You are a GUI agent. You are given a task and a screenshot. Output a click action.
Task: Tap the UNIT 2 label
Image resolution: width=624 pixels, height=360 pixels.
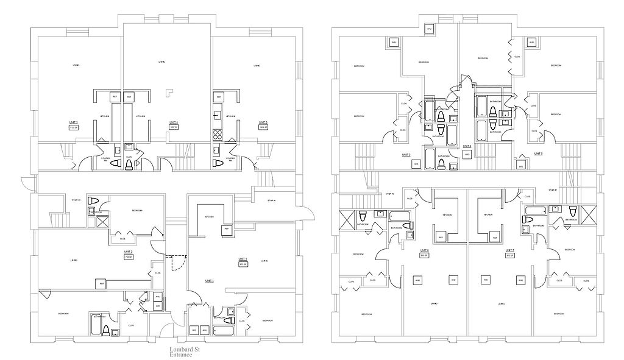(x=128, y=252)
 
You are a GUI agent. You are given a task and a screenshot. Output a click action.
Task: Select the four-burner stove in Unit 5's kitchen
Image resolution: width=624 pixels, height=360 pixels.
(x=216, y=133)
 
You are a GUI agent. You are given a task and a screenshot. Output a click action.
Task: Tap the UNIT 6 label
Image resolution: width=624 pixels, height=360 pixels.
(x=424, y=250)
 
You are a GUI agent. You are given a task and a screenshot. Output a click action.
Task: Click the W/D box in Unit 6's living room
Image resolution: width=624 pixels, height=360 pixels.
(x=453, y=280)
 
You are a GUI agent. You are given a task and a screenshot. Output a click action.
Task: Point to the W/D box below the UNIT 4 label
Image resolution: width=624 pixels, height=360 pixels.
(x=466, y=155)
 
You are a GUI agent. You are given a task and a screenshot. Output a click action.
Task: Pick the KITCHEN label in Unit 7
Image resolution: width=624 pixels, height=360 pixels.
(x=488, y=215)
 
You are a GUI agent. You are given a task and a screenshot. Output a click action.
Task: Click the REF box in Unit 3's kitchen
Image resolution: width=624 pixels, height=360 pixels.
(x=113, y=97)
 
